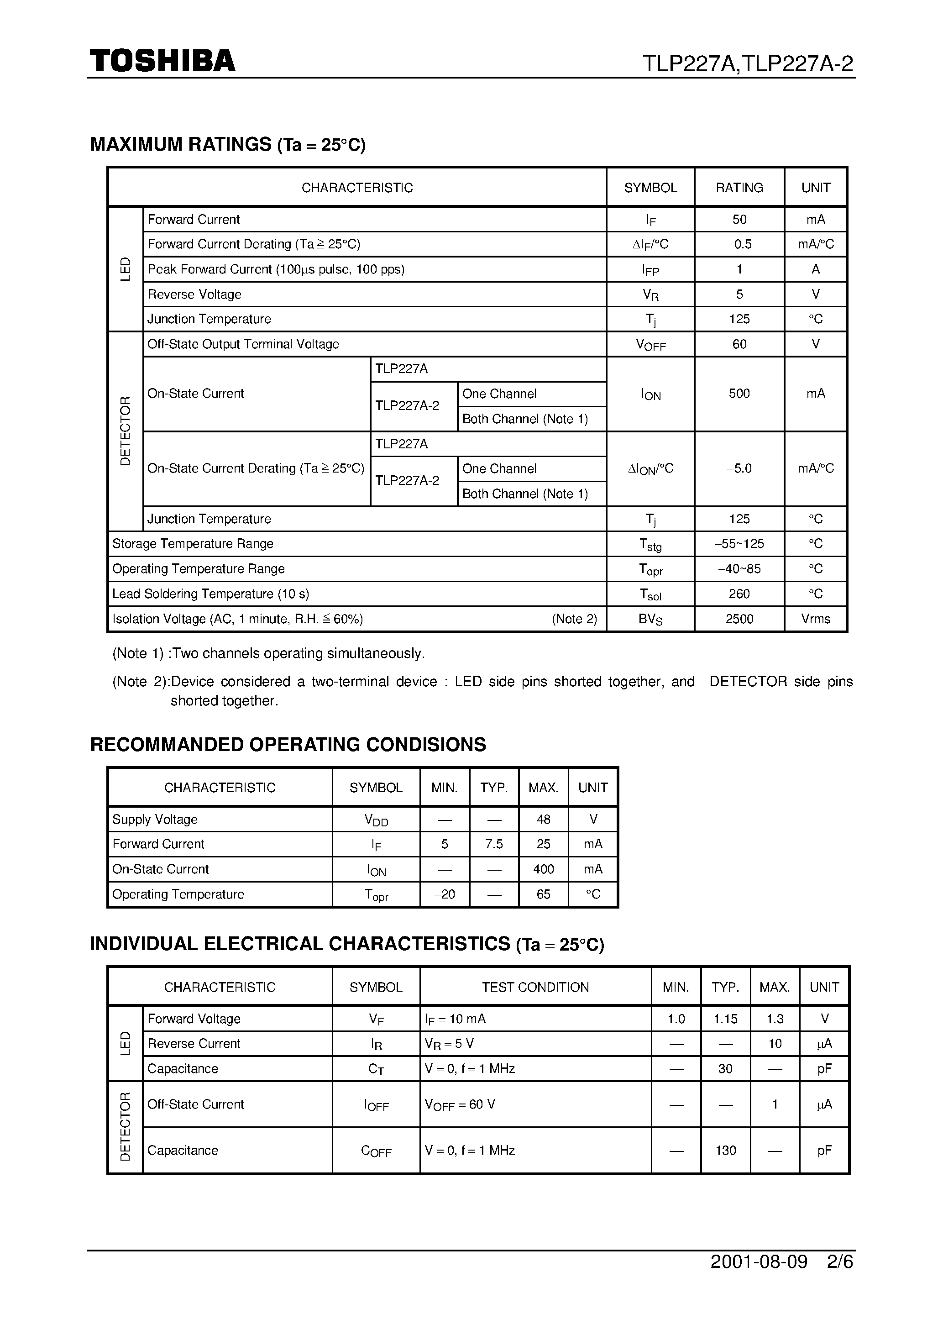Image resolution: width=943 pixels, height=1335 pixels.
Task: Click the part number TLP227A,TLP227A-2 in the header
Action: [747, 63]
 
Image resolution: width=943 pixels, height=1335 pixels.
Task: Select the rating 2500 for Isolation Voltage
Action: [739, 619]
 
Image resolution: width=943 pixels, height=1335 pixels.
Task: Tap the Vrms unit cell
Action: [815, 619]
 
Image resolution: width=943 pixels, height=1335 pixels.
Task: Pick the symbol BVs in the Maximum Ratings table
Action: [650, 619]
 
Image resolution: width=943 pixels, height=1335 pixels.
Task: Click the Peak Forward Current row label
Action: [276, 269]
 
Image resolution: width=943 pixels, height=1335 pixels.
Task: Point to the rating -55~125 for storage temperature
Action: [739, 544]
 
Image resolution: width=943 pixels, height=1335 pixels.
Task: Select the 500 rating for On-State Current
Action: [739, 394]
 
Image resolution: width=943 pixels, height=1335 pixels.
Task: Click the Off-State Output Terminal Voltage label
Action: [243, 344]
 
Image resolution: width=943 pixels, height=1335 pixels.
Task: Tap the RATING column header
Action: [739, 188]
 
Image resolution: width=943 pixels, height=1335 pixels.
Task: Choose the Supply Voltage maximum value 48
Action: [543, 819]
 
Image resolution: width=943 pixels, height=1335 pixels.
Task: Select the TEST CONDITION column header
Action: [535, 987]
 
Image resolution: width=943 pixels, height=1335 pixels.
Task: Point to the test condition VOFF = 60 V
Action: [460, 1104]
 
